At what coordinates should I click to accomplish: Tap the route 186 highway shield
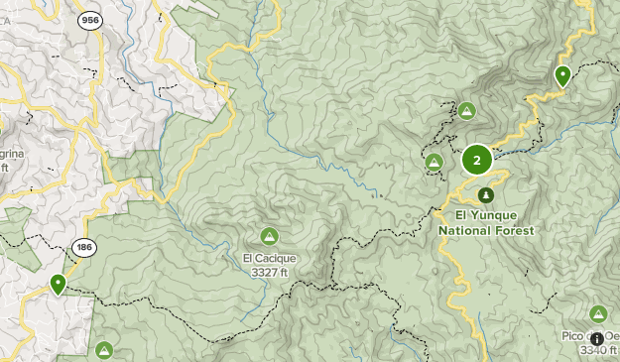click(x=83, y=248)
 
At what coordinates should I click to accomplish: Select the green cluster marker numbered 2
click(x=477, y=160)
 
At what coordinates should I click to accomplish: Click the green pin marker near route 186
click(x=59, y=285)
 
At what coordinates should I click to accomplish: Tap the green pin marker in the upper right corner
click(x=562, y=75)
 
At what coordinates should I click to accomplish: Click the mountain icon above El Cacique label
click(x=268, y=236)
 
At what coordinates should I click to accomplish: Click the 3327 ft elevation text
click(x=270, y=272)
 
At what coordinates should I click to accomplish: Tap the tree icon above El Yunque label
click(x=485, y=194)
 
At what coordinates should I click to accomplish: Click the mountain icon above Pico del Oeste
click(x=598, y=313)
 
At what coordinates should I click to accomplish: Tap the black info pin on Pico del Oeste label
click(x=596, y=338)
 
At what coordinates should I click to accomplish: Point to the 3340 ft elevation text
click(x=598, y=350)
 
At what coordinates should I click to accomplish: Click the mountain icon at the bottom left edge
click(x=104, y=350)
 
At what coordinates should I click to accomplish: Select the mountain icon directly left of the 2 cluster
click(x=434, y=162)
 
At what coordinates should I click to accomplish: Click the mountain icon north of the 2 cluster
click(x=466, y=110)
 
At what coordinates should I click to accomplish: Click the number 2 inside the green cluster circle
click(x=477, y=160)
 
